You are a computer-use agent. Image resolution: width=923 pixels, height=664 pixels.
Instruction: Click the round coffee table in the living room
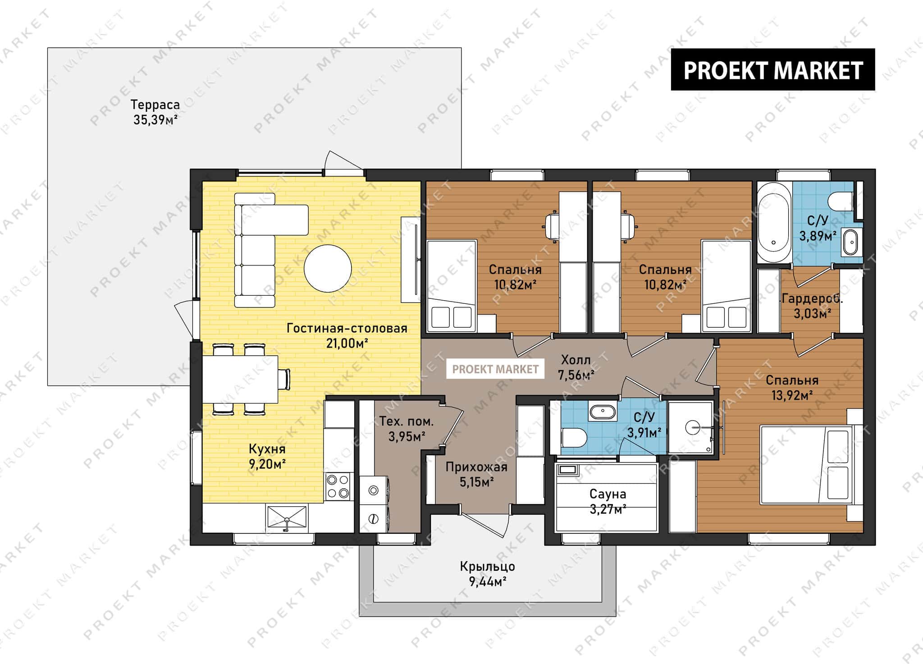[328, 268]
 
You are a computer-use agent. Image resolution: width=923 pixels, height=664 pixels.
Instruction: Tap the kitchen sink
[287, 517]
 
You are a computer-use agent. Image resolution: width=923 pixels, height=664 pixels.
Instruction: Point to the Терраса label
[155, 105]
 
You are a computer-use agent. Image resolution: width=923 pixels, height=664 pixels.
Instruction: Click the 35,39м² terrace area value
[155, 120]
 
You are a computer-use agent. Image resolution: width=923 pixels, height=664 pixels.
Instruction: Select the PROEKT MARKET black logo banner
[773, 69]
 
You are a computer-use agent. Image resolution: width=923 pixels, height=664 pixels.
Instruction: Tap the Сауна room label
[608, 494]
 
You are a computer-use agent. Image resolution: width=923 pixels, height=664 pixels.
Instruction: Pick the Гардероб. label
[812, 298]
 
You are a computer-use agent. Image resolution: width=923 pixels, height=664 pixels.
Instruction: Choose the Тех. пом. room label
[406, 421]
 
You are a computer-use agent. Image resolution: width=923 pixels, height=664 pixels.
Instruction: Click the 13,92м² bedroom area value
[792, 395]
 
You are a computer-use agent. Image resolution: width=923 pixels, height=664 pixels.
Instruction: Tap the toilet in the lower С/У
[573, 437]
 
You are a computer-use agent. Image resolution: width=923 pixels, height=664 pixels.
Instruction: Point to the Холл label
[576, 360]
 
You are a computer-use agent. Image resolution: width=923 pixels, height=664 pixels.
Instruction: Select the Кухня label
[267, 449]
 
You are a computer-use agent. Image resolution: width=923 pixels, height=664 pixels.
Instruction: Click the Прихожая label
[476, 467]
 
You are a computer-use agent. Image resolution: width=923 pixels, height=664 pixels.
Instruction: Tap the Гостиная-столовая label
[347, 328]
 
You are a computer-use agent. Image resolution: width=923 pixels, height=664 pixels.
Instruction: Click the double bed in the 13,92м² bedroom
[807, 464]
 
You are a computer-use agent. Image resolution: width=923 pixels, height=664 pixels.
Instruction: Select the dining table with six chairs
[246, 379]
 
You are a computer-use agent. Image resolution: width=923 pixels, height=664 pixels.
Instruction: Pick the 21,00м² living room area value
[347, 343]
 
